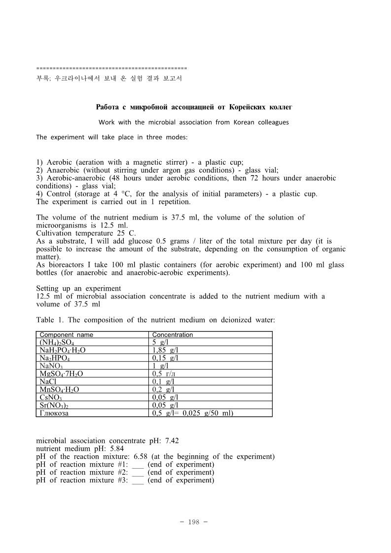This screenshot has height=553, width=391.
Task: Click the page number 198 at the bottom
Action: tap(195, 522)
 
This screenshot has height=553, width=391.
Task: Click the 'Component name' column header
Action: tap(66, 335)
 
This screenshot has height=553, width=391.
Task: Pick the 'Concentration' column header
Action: tap(173, 335)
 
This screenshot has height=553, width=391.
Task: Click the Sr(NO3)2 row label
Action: tap(53, 405)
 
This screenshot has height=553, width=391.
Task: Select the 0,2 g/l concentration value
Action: tap(163, 389)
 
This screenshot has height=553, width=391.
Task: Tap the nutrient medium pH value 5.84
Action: tap(115, 448)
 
